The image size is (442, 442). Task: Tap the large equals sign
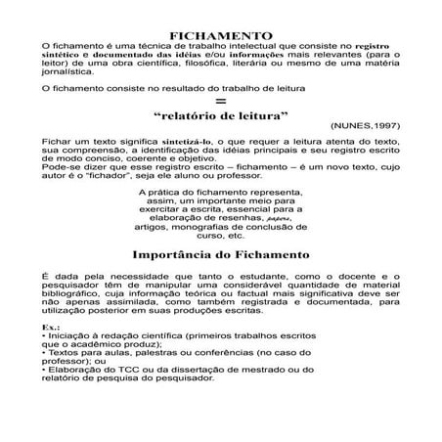[221, 100]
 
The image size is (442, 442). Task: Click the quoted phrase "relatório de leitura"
[221, 114]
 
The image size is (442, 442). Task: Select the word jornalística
[69, 72]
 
